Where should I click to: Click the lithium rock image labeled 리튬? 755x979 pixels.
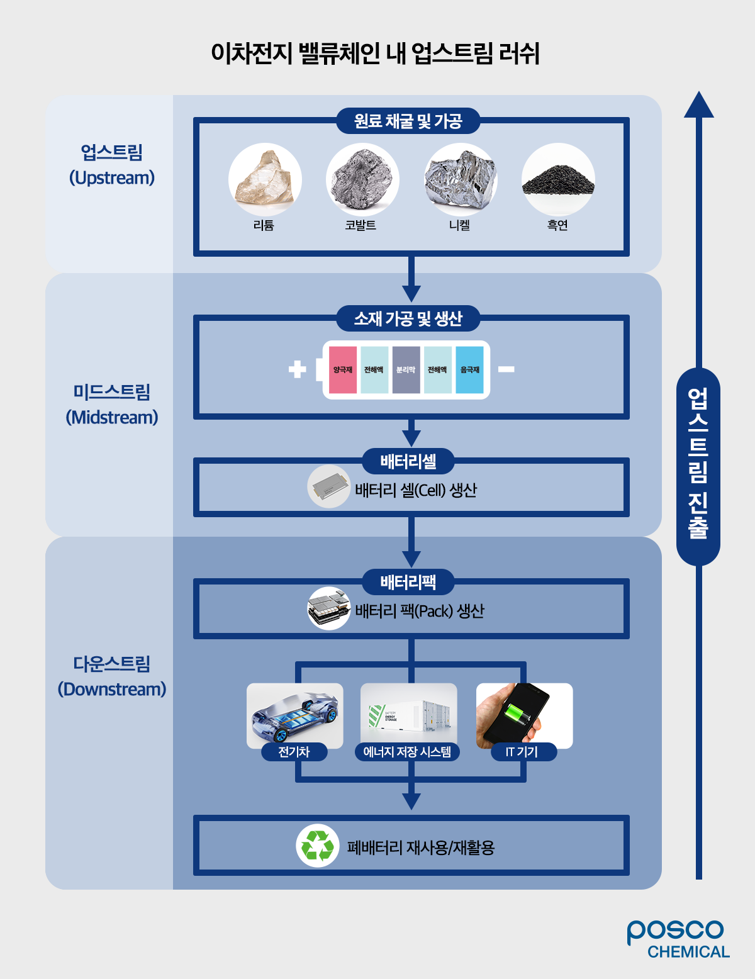tap(265, 180)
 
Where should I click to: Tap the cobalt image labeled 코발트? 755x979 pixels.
tap(362, 180)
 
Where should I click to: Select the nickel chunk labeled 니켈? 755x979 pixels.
tap(461, 180)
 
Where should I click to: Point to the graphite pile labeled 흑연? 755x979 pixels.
tap(558, 180)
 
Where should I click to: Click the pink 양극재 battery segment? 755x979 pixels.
tap(343, 370)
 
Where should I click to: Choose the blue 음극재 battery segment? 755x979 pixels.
tap(469, 370)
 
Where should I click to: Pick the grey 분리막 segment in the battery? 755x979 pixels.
tap(406, 370)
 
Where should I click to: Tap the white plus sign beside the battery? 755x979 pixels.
tap(298, 369)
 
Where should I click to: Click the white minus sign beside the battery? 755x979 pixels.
tap(506, 369)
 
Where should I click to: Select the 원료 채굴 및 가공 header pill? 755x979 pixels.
tap(408, 121)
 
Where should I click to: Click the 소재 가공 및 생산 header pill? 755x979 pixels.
tap(408, 319)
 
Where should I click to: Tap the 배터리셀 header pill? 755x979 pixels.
tap(408, 462)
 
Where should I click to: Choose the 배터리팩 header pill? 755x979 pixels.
tap(408, 583)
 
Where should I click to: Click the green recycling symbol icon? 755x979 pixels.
tap(318, 846)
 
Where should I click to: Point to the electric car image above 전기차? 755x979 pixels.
tap(295, 715)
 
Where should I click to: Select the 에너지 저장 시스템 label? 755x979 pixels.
tap(408, 752)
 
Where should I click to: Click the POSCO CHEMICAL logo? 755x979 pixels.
tap(678, 939)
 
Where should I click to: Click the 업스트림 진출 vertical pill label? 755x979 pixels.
tap(698, 466)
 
